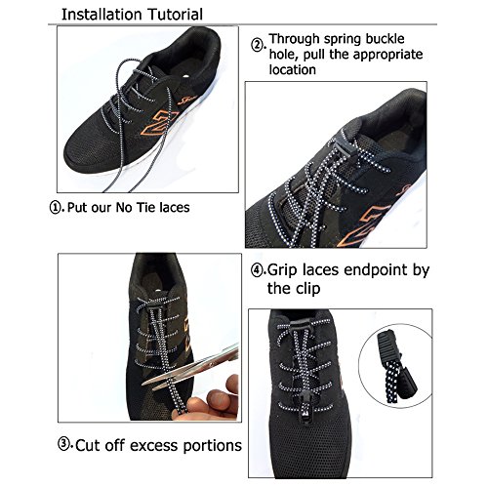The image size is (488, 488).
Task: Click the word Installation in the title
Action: tap(102, 15)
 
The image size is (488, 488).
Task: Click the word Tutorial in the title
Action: tap(175, 15)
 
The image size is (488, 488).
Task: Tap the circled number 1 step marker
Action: tap(56, 207)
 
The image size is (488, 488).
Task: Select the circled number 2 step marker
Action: tap(257, 45)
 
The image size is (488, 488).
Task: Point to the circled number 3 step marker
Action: tap(64, 444)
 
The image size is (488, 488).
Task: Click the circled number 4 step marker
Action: tap(257, 270)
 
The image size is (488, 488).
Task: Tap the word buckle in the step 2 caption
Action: tap(385, 39)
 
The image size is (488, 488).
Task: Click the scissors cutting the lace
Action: tap(191, 365)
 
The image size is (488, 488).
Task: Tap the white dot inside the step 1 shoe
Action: tap(185, 77)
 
